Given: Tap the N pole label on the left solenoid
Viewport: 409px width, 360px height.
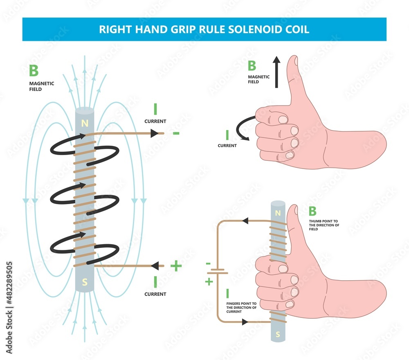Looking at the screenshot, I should point(85,123).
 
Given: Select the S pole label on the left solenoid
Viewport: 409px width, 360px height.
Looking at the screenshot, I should point(85,282).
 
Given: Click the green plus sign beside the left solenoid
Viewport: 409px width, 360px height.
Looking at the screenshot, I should point(176,266).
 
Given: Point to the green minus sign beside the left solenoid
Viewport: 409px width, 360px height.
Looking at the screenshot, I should point(176,133).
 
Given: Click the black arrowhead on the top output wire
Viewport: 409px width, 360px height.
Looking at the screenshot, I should point(154,133).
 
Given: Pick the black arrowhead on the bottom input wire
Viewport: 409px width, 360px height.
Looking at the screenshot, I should point(155,266).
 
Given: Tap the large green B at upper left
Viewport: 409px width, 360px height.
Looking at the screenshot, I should point(34,71).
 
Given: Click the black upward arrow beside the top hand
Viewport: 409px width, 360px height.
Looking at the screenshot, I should point(277,72).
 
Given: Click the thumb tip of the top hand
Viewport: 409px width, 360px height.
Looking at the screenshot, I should point(292,61).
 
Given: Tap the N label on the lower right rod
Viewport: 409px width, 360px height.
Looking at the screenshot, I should point(278,213).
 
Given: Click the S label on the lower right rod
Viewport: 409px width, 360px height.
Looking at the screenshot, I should point(278,333).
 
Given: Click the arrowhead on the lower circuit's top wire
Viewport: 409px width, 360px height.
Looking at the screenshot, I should point(245,221).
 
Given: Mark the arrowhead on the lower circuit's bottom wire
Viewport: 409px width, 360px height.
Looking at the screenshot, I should point(245,322).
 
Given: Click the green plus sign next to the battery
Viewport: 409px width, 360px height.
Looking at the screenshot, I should point(209,282).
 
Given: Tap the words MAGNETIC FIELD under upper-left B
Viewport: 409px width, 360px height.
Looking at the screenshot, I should point(41,86).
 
